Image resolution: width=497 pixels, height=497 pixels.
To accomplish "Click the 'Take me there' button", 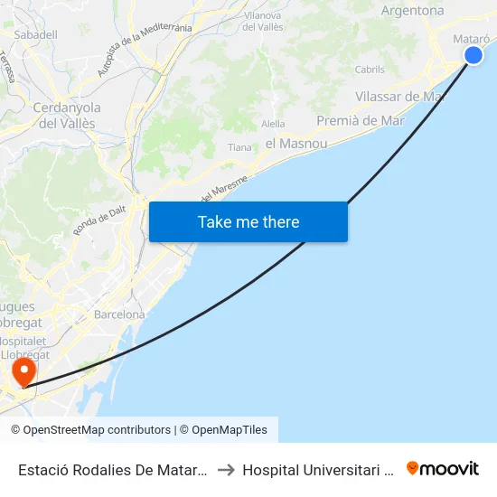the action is click(x=248, y=222).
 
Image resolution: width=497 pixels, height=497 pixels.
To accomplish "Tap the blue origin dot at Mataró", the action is click(x=474, y=56).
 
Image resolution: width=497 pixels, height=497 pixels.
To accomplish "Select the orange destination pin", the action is click(x=22, y=371).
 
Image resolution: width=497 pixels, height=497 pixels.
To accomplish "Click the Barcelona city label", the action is click(x=119, y=314).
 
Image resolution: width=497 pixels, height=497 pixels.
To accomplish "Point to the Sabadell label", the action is click(x=36, y=34).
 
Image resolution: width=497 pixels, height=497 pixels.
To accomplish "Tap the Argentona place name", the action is click(x=413, y=11).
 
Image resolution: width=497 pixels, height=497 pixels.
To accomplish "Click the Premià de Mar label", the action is click(x=361, y=120).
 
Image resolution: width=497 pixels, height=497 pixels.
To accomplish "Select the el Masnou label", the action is click(x=295, y=143).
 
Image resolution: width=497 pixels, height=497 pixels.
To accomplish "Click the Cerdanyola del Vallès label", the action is click(x=66, y=116).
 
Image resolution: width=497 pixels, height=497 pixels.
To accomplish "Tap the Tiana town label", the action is click(x=239, y=147).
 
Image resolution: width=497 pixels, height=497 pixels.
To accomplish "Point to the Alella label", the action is click(x=273, y=124).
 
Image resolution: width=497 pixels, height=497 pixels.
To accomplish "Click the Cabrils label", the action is click(x=370, y=70).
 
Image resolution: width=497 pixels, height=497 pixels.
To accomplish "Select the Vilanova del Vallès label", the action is click(x=264, y=21).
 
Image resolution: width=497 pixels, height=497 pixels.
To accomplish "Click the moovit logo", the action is click(x=443, y=468).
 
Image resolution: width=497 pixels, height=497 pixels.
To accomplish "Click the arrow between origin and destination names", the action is click(x=226, y=469).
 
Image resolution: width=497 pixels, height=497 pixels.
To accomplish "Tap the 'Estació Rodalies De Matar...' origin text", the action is click(x=114, y=469).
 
